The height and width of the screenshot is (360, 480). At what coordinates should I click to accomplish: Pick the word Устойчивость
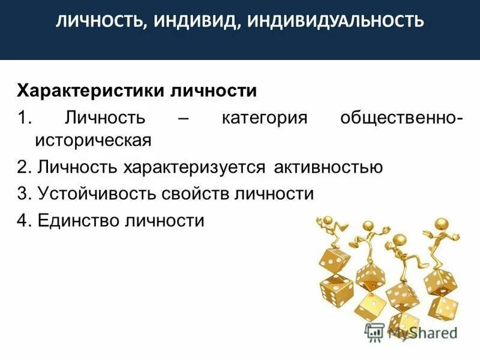click(93, 193)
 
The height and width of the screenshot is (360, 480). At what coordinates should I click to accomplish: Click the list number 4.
click(23, 220)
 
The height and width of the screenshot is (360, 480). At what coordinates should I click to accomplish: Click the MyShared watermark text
click(423, 332)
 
